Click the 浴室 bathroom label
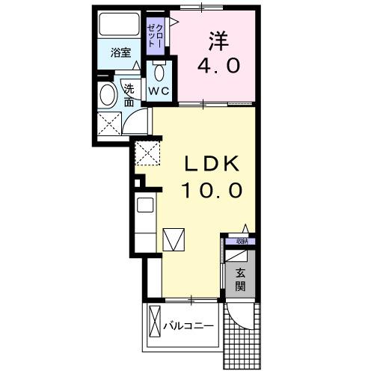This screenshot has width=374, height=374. click(120, 52)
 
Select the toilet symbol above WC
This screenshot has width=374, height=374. click(159, 73)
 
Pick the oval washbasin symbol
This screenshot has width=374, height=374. click(107, 96)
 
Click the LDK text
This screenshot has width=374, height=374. click(211, 163)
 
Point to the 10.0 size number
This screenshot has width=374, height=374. click(211, 191)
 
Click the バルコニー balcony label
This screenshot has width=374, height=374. click(190, 327)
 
